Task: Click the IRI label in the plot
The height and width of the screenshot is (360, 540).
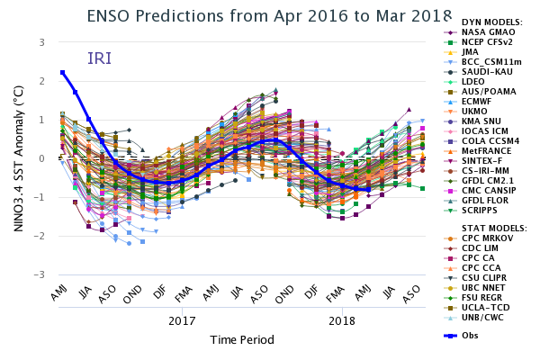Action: (100, 58)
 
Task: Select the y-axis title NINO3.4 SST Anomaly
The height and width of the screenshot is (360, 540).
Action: (17, 157)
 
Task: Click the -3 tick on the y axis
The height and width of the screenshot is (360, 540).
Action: (40, 274)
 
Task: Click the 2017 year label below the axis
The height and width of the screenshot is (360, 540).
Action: (182, 319)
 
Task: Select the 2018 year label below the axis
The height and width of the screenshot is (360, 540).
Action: (342, 319)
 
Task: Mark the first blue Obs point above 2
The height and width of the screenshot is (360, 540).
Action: (62, 73)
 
